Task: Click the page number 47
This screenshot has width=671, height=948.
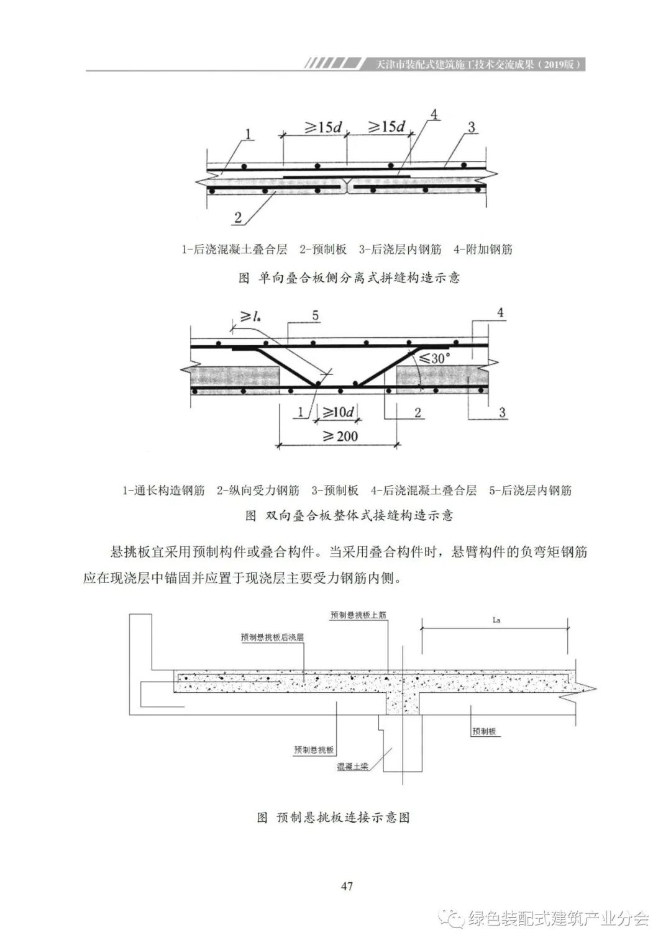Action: (x=347, y=886)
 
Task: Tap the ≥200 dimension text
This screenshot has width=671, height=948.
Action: (x=339, y=436)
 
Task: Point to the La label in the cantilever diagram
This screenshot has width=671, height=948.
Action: (x=496, y=620)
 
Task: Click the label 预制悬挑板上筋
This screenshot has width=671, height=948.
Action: (x=358, y=615)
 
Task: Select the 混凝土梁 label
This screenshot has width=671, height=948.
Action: (x=353, y=767)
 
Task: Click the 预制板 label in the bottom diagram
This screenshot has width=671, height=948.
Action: (x=484, y=732)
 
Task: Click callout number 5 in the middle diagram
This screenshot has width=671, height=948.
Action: (x=316, y=316)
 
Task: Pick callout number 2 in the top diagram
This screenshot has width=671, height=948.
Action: (x=238, y=217)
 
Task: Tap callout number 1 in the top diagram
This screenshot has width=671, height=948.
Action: (x=248, y=134)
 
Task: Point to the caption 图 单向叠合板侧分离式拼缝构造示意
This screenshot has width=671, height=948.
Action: (x=349, y=278)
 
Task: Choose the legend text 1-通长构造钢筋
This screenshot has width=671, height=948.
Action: (x=163, y=490)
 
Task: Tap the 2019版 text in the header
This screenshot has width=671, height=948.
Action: (x=557, y=65)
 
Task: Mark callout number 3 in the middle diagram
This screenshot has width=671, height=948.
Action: (x=502, y=412)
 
